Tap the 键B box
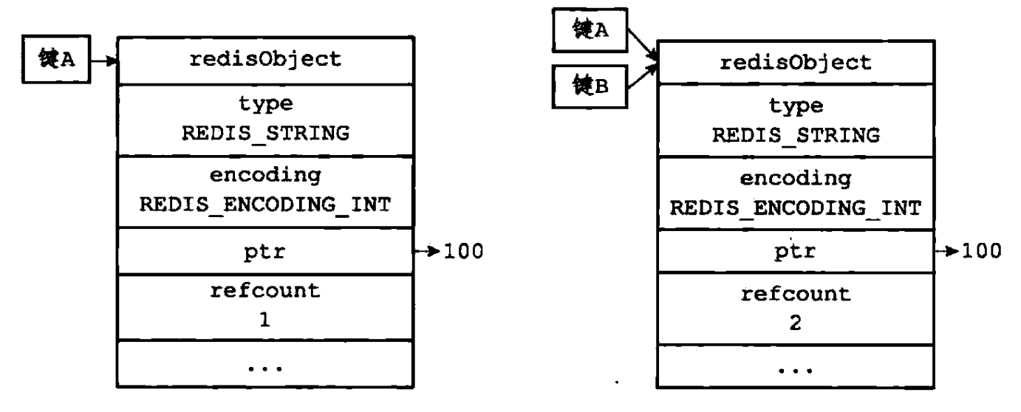[590, 87]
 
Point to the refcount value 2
[795, 326]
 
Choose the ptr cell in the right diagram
[795, 251]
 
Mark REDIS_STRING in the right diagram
[795, 137]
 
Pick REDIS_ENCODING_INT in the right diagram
[795, 207]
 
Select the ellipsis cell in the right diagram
[795, 368]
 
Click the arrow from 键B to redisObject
[641, 77]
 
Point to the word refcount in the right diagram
[795, 295]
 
